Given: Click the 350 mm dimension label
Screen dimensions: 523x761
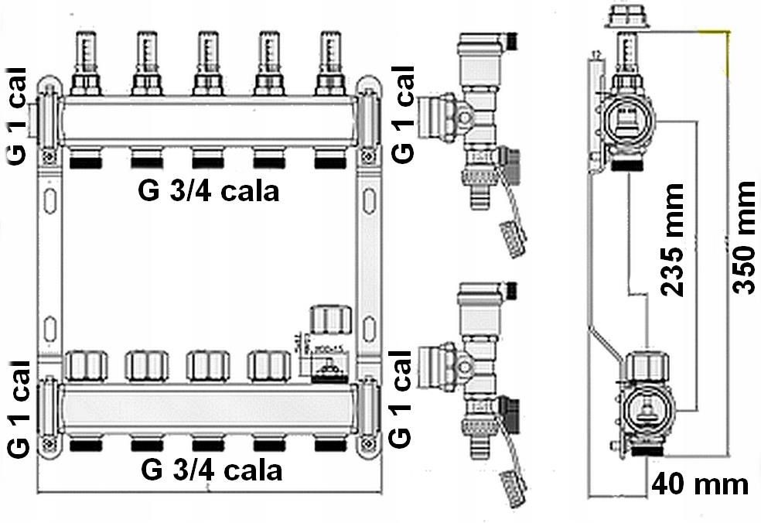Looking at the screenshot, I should click(x=743, y=238).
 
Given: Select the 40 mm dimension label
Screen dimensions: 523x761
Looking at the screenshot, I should click(x=699, y=485).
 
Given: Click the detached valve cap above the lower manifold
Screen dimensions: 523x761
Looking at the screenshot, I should click(x=332, y=319).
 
